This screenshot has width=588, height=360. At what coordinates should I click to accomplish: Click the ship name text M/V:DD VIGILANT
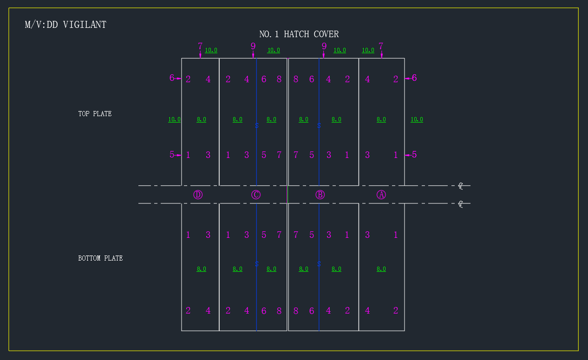pos(65,25)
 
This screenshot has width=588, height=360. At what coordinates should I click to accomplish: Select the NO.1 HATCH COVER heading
pos(299,34)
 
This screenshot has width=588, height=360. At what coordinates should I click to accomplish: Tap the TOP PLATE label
pos(95,114)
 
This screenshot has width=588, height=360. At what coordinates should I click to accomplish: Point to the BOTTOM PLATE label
pos(100,258)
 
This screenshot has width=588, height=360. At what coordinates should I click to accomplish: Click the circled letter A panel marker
pos(381,195)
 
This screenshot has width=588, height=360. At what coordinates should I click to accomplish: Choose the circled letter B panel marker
pos(320,195)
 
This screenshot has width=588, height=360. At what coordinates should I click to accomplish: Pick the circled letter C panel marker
pos(256,195)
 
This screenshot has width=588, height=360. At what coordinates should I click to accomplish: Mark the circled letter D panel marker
pos(198,195)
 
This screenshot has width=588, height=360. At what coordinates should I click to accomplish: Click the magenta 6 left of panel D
pos(172,78)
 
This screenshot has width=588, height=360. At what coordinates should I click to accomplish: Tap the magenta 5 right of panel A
pos(414,155)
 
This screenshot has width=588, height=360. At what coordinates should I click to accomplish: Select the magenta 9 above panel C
pos(253,46)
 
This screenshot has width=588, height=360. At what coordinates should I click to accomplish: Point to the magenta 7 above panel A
pos(381,46)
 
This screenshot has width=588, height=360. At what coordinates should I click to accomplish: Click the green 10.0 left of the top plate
pos(174,120)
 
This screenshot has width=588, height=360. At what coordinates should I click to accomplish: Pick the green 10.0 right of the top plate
pos(417,120)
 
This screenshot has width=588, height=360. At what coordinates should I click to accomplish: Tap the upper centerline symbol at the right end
pos(461,186)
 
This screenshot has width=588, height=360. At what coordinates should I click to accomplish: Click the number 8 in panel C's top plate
pos(279,79)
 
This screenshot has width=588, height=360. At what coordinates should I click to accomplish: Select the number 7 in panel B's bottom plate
pos(296,235)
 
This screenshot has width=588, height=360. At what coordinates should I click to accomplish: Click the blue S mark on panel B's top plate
pos(319,125)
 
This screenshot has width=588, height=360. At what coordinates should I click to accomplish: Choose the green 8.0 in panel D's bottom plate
pos(201,269)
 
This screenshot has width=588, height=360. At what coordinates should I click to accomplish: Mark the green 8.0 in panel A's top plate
pos(381,120)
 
